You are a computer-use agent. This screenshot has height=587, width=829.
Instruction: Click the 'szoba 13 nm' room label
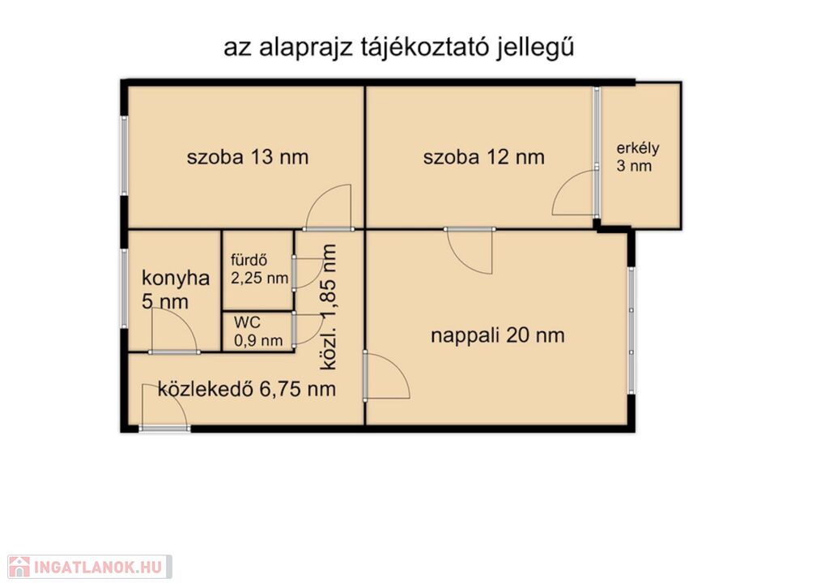[248, 157]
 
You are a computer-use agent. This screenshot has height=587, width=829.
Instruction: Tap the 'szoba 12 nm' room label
[484, 157]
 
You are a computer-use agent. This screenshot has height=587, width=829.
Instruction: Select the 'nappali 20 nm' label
[498, 335]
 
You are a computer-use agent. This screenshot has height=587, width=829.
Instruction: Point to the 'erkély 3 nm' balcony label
[638, 157]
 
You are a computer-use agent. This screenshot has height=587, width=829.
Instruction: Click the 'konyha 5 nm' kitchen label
[176, 290]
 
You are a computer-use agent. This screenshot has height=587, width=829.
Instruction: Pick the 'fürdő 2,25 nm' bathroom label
[259, 269]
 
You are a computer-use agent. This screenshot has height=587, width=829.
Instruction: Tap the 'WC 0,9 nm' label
[258, 331]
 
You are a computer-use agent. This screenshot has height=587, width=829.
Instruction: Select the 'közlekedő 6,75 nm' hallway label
[247, 389]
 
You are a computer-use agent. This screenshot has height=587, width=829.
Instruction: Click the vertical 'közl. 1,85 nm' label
[329, 307]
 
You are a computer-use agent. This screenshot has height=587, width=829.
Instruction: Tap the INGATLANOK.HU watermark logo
[89, 567]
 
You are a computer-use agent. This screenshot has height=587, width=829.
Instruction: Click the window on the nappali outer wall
[631, 330]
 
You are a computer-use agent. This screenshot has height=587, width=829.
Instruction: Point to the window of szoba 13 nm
[125, 155]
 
